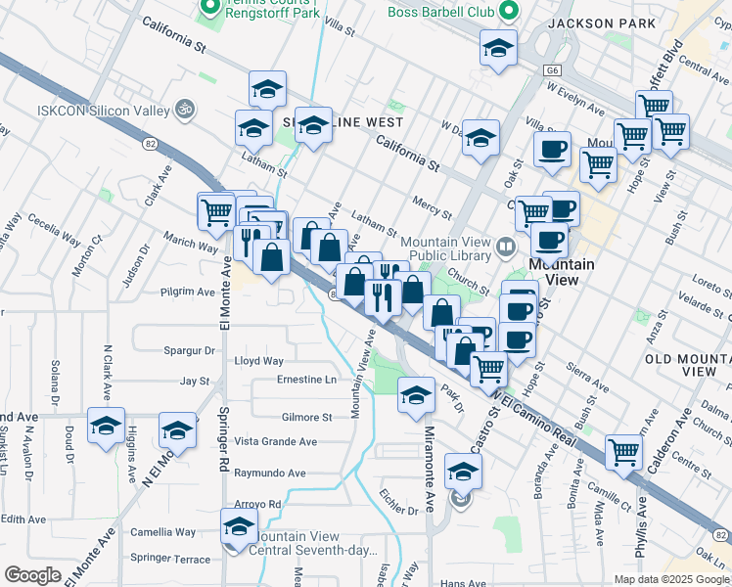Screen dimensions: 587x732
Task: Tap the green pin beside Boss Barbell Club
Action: [508, 11]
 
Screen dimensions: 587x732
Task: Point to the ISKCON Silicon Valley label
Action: [102, 111]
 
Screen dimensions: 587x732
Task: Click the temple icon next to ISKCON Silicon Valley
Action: [181, 108]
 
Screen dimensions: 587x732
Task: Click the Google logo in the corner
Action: [32, 575]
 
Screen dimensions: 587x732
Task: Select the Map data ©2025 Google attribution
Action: [671, 579]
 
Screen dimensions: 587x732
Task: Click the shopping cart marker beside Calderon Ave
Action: [623, 451]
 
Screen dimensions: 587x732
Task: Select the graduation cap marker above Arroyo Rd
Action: [238, 526]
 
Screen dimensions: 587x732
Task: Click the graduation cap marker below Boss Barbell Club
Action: [498, 47]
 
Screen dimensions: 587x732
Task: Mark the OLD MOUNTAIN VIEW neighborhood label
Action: [688, 365]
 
